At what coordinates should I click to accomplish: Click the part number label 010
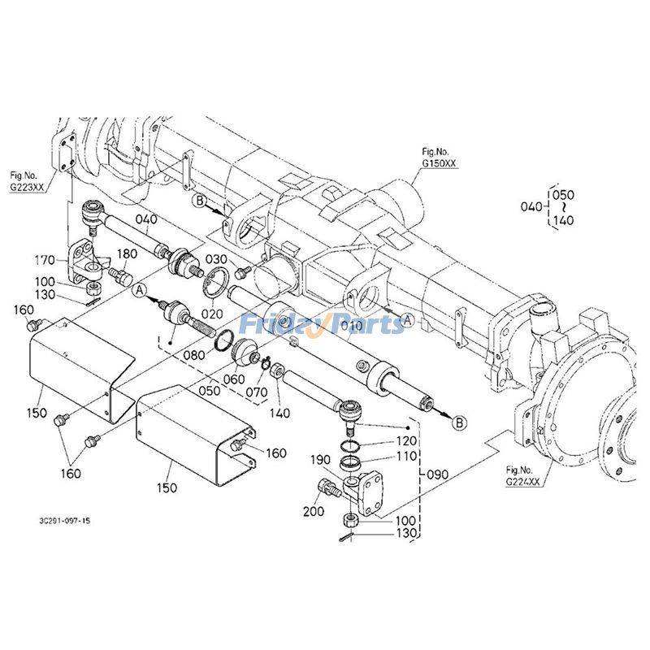[352, 326]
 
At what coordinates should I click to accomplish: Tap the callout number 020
[212, 314]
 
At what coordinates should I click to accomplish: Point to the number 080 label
[194, 355]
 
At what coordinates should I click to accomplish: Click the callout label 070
[256, 392]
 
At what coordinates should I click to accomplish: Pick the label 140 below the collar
[279, 413]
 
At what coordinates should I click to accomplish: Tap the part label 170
[45, 260]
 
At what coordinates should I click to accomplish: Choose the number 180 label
[127, 253]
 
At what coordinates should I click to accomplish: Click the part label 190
[320, 460]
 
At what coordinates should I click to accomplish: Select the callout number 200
[314, 511]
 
